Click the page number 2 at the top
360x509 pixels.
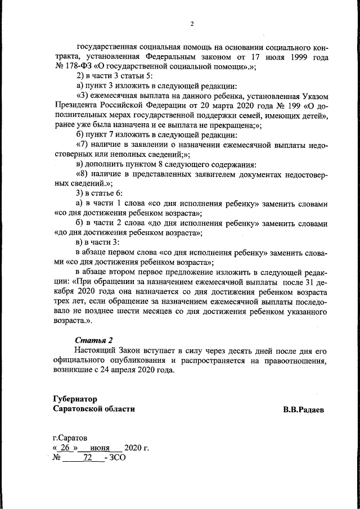(x=191, y=24)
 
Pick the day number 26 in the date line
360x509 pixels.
(x=67, y=448)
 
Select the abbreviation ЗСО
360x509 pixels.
(x=116, y=458)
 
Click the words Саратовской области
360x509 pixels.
(x=93, y=409)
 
